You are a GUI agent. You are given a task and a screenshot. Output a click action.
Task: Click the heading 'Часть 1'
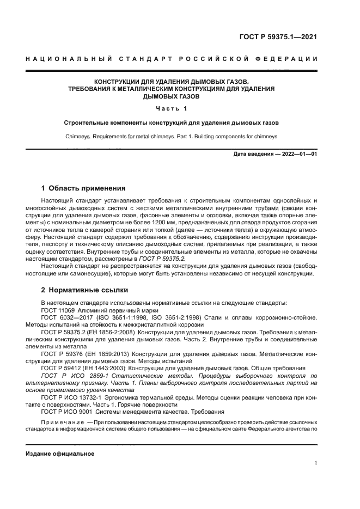click(180, 108)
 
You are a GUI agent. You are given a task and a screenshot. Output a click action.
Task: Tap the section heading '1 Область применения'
click(83, 188)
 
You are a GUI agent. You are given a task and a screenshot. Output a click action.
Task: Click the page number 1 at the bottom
click(315, 463)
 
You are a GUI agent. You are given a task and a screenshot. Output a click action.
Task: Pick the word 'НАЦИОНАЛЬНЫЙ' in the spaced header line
click(78, 58)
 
